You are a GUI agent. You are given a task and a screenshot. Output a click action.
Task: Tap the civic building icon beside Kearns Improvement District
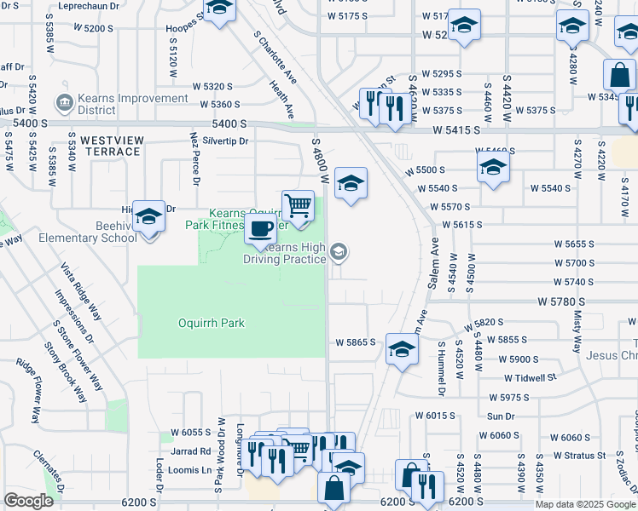point(63,104)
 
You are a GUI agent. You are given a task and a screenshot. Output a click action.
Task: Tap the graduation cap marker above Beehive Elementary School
point(148,218)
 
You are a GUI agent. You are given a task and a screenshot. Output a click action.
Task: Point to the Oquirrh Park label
point(212,323)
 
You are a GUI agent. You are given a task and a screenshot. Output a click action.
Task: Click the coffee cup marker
point(260,229)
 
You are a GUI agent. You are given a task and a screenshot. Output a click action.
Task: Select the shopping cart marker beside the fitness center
point(298,205)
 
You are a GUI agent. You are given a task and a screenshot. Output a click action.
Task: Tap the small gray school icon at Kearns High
point(339,251)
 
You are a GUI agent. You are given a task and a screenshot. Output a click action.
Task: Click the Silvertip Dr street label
point(218,141)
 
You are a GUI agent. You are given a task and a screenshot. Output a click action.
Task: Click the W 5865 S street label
point(356,342)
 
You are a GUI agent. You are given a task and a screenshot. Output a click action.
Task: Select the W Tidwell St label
point(529,377)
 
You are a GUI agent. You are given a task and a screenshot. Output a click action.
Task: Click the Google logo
point(28,501)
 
